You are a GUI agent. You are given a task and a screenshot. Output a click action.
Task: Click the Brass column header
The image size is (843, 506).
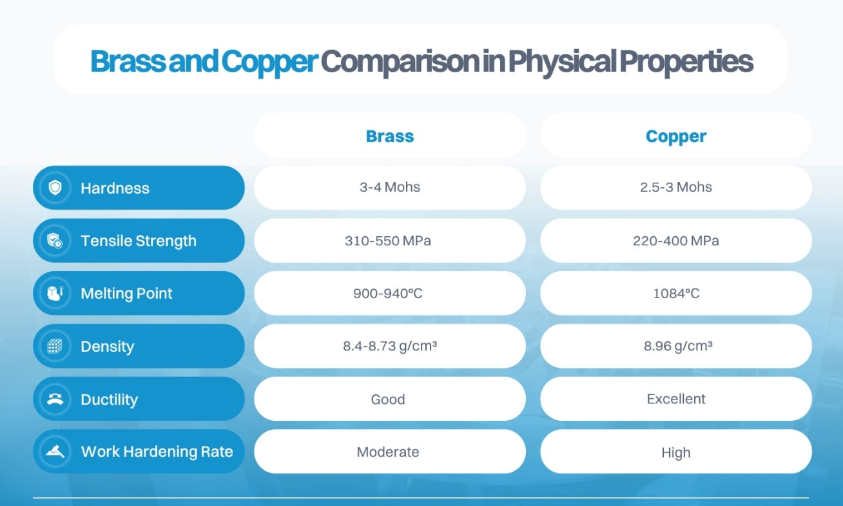[390, 136]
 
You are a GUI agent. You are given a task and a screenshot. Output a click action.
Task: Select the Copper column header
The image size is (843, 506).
[676, 136]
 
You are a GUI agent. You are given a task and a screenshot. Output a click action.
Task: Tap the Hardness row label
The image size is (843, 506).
[115, 188]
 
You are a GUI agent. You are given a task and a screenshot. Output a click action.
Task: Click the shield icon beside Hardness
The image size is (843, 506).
[55, 188]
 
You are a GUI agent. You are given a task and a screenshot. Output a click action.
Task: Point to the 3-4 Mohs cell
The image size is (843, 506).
[390, 187]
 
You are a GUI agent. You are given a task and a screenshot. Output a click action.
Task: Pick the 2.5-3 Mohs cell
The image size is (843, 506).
[676, 187]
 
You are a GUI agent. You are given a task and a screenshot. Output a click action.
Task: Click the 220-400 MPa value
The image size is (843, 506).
[676, 241]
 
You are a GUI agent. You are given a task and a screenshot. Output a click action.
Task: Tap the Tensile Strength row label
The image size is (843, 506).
[138, 241]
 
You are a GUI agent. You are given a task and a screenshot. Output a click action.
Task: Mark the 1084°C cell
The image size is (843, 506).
[676, 294]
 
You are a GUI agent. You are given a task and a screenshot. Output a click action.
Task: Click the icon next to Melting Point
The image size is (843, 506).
[55, 294]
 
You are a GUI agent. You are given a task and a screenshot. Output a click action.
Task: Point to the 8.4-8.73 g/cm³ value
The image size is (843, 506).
[390, 346]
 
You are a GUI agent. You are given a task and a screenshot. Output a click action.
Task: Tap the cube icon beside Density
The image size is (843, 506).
[55, 347]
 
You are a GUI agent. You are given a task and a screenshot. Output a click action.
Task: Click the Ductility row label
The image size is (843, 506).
[109, 400]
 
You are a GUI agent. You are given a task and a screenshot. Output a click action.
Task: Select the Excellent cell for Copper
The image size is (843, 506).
[676, 399]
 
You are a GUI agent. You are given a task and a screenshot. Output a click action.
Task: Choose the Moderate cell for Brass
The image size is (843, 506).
[388, 452]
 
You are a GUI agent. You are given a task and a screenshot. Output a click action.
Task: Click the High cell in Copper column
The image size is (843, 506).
[676, 452]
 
